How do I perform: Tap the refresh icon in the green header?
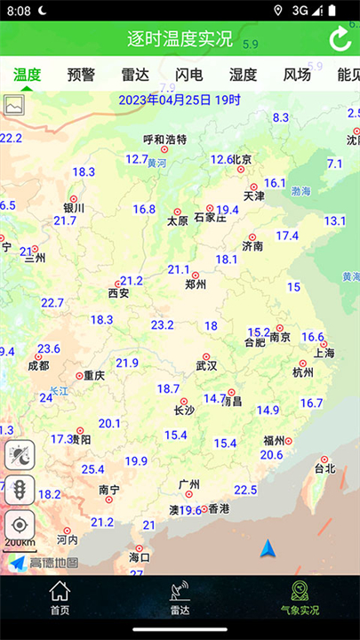340,39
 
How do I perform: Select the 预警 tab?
81,75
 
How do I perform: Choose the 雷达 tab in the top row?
135,75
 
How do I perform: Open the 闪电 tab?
188,75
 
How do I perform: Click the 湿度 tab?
243,75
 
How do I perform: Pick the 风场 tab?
297,75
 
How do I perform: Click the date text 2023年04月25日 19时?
180,100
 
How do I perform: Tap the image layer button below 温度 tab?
14,104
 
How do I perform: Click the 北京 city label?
242,160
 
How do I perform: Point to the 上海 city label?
324,353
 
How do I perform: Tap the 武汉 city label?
206,365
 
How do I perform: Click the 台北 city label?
325,468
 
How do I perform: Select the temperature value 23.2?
163,324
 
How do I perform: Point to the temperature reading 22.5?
245,490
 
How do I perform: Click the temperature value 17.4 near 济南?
287,236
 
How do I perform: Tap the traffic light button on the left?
20,489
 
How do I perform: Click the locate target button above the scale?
20,524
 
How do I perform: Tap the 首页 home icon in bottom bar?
60,597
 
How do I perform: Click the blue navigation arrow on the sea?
268,548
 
